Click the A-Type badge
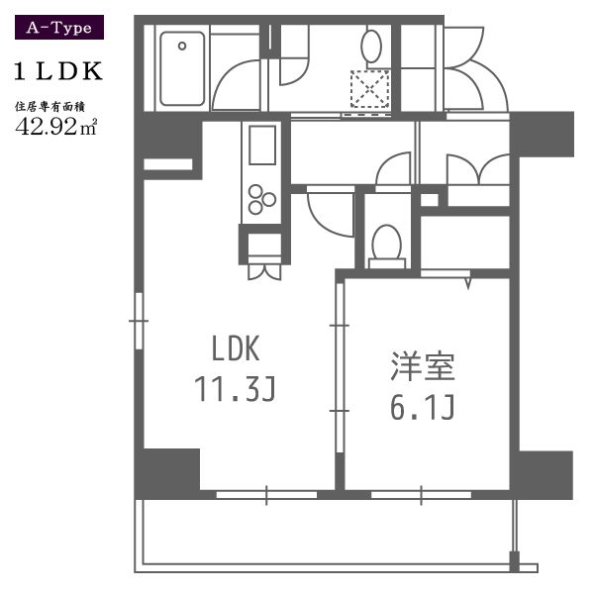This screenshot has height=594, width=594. tap(59, 28)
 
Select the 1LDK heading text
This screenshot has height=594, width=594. tap(58, 71)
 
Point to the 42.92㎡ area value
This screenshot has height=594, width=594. tap(56, 127)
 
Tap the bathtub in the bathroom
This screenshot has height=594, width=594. tap(182, 68)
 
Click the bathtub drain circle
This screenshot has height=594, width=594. tap(182, 47)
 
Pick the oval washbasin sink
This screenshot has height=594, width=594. tap(371, 47)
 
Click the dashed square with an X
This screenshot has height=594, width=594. tap(369, 89)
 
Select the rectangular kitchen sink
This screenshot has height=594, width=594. tap(262, 146)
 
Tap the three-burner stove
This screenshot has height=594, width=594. tap(261, 200)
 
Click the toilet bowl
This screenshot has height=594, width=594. tap(386, 243)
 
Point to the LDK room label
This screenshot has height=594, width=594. tap(236, 348)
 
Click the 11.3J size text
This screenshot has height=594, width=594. tap(235, 389)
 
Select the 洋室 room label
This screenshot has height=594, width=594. tap(423, 366)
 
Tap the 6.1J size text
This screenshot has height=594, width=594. tap(422, 407)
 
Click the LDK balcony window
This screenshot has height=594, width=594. tap(266, 495)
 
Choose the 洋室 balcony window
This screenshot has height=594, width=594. tap(422, 495)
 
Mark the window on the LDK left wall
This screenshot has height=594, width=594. tap(139, 321)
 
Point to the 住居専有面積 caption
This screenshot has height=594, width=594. tap(49, 107)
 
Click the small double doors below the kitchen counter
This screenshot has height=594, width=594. tap(264, 272)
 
